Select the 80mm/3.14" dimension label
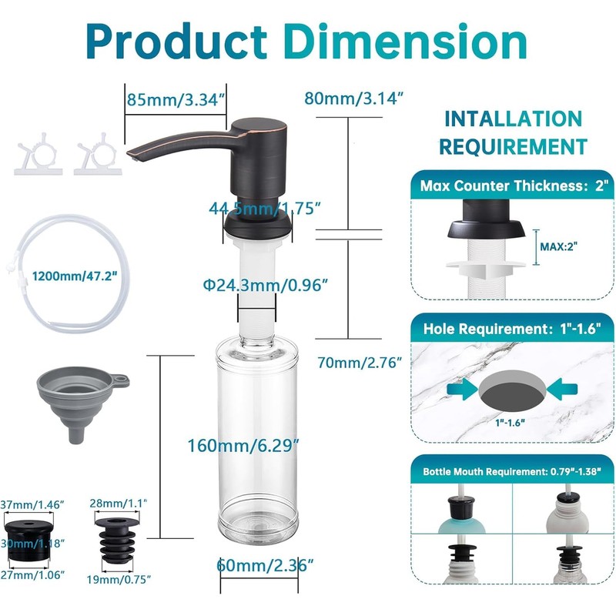[354, 99]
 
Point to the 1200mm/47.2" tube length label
[75, 276]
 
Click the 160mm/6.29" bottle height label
[243, 446]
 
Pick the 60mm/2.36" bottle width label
[265, 565]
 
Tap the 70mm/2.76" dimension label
[360, 362]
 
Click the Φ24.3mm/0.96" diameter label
[265, 285]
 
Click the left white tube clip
[38, 156]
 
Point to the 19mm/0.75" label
[119, 580]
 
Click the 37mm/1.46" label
[32, 504]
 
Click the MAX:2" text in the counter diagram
[559, 246]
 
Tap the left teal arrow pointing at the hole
[463, 390]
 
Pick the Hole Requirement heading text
[512, 329]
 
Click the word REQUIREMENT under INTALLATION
[513, 147]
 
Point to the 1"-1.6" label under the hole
[510, 423]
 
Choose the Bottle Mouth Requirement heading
[512, 471]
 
